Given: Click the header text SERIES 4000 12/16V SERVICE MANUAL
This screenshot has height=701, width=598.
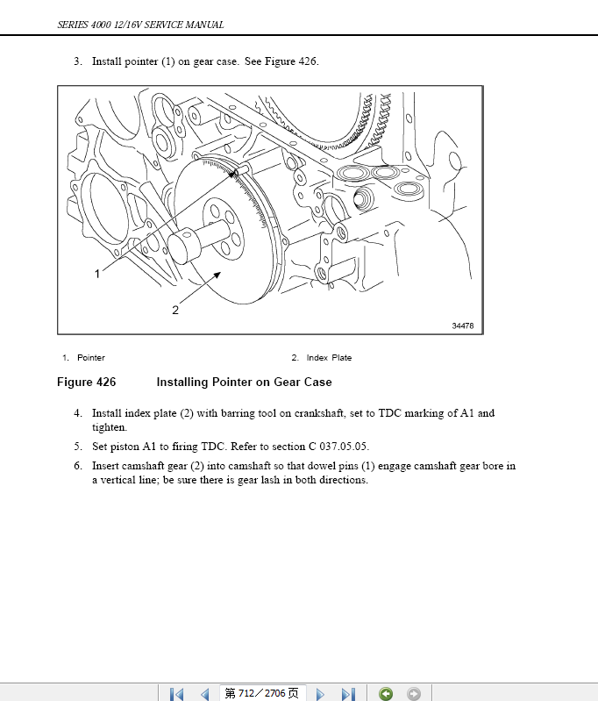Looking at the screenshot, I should tap(140, 25).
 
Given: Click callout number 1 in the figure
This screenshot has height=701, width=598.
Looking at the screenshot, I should tap(97, 274).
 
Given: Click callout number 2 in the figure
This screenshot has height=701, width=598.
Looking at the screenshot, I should tap(175, 310).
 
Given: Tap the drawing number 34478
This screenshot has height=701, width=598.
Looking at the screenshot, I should tap(463, 325).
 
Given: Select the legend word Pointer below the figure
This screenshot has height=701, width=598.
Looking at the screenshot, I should tap(91, 358).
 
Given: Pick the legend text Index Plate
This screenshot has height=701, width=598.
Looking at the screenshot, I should tap(329, 358).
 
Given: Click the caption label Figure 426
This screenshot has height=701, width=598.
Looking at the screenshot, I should tap(86, 383).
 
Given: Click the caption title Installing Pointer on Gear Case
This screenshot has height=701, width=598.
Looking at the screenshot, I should tap(244, 383).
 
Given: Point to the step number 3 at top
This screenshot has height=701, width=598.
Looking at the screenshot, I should tap(77, 62).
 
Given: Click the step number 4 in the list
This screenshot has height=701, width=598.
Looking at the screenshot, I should tap(77, 413).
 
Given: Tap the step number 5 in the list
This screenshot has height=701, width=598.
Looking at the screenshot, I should tap(77, 447).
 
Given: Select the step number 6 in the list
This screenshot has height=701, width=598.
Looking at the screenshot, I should tap(77, 466).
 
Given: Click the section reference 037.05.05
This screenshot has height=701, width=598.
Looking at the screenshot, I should tap(331, 447).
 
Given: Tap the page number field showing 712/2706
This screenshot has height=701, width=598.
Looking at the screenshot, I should tap(261, 693).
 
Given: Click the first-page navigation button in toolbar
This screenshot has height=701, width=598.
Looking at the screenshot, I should tap(176, 693).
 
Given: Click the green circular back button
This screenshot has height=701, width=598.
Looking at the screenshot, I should tap(386, 693).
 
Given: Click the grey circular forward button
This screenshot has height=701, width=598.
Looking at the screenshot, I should tap(413, 693).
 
